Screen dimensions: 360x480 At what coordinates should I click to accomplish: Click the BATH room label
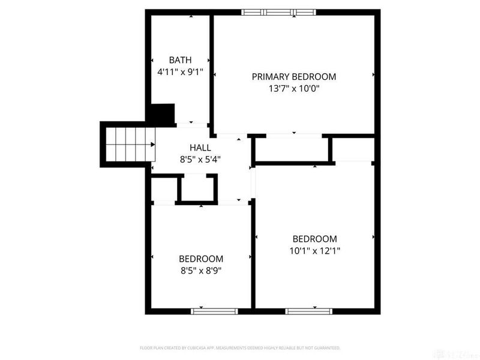[x=180, y=60]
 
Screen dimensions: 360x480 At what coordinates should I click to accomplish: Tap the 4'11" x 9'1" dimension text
[x=180, y=72]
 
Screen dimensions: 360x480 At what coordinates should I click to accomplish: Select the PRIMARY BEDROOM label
[x=293, y=77]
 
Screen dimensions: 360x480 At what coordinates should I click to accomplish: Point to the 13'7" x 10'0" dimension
[x=293, y=89]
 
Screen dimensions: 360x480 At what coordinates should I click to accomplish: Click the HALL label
[x=200, y=148]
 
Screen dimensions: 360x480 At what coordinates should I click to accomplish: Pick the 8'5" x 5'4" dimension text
[x=200, y=160]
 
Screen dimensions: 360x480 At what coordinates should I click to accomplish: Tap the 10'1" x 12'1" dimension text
[x=314, y=251]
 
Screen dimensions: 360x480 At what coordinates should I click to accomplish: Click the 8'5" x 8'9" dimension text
[x=201, y=271]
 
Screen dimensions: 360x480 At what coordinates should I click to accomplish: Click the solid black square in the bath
[x=161, y=113]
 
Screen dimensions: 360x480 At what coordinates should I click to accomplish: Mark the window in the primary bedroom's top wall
[x=278, y=11]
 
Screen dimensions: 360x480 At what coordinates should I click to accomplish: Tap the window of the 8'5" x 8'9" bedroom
[x=214, y=311]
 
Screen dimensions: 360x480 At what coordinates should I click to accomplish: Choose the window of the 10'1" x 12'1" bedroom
[x=308, y=311]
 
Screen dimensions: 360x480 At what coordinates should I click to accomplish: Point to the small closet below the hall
[x=197, y=189]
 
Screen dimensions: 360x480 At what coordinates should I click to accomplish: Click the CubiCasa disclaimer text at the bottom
[x=240, y=348]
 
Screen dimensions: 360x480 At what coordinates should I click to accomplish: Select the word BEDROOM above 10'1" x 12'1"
[x=314, y=239]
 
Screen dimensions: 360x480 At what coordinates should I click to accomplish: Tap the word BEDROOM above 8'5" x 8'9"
[x=201, y=259]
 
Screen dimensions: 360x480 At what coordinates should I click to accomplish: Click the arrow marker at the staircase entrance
[x=154, y=144]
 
